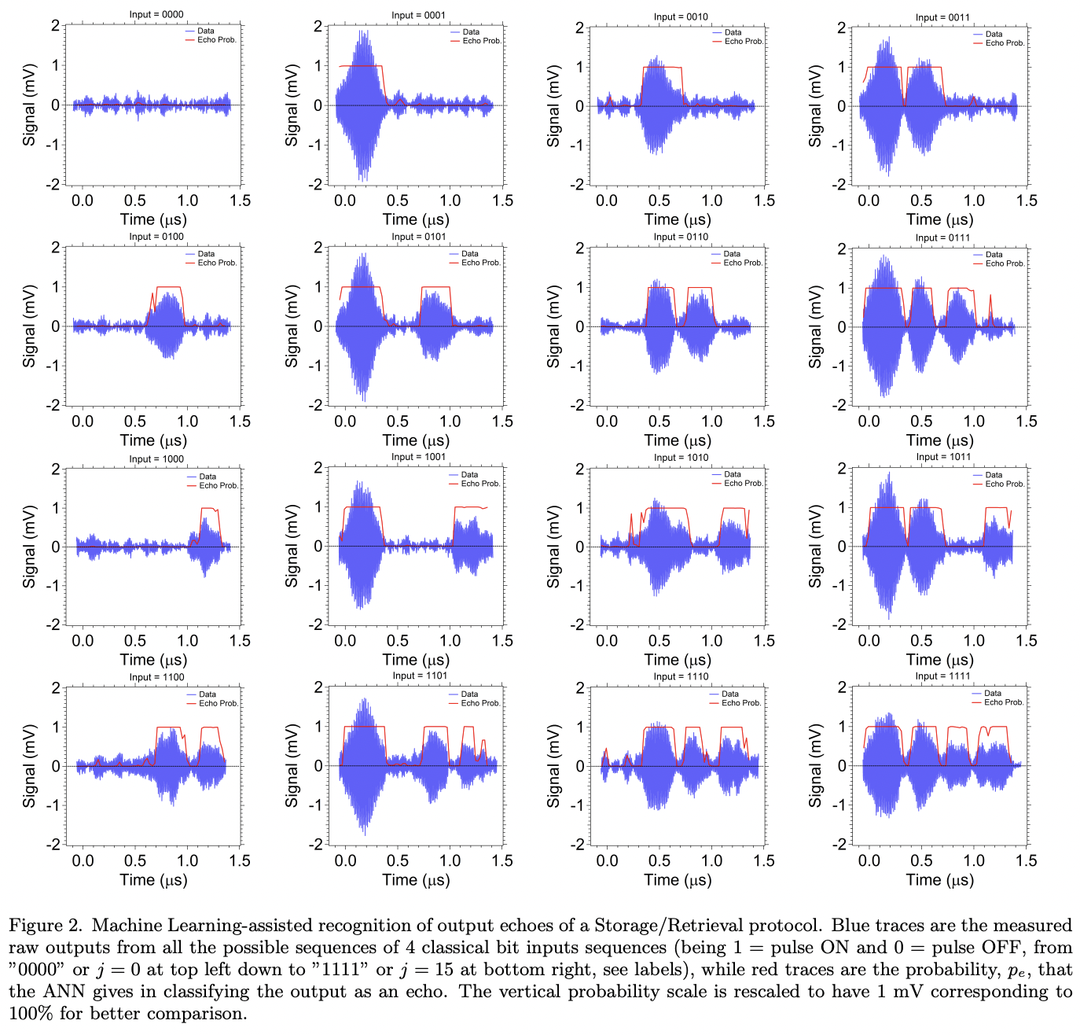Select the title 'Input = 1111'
[942, 676]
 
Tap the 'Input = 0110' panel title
[681, 237]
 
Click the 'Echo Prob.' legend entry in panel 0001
[481, 41]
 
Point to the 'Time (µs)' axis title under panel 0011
[939, 219]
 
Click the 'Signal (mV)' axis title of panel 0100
[30, 326]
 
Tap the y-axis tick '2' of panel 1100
[55, 688]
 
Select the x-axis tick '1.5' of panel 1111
[1027, 860]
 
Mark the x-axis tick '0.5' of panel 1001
[398, 641]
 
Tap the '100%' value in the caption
[31, 1014]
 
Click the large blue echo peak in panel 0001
[362, 79]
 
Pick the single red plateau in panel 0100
[168, 288]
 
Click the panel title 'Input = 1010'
[681, 457]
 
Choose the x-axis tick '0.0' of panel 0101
[345, 422]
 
